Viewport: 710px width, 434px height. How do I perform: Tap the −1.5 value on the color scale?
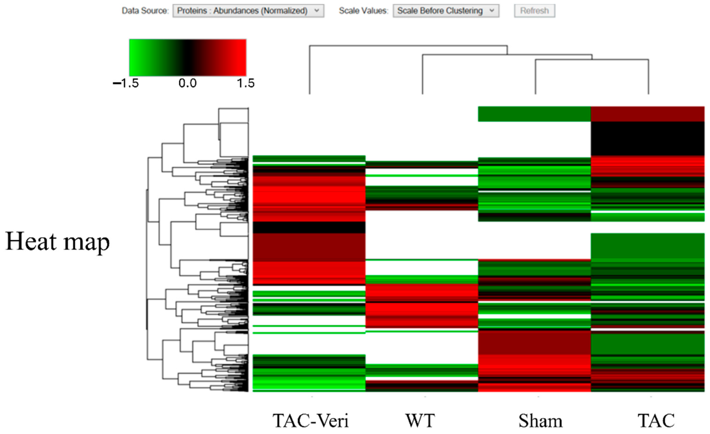(x=126, y=84)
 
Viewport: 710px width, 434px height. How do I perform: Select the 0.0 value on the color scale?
(x=188, y=84)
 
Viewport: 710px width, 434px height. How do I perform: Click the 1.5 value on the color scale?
(x=246, y=84)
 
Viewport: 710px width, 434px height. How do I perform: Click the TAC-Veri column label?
(x=311, y=421)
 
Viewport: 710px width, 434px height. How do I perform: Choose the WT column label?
(x=420, y=421)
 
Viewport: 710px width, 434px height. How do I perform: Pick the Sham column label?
(x=540, y=421)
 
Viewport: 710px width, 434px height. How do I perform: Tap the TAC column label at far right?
(x=656, y=421)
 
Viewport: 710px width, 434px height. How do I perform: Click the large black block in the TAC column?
(x=647, y=139)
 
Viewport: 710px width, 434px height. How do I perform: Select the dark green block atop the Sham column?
(x=534, y=114)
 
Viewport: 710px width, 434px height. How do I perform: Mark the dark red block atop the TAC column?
(x=647, y=114)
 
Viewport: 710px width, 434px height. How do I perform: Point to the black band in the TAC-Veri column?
(x=309, y=227)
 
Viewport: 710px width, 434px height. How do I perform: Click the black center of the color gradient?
(x=188, y=58)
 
